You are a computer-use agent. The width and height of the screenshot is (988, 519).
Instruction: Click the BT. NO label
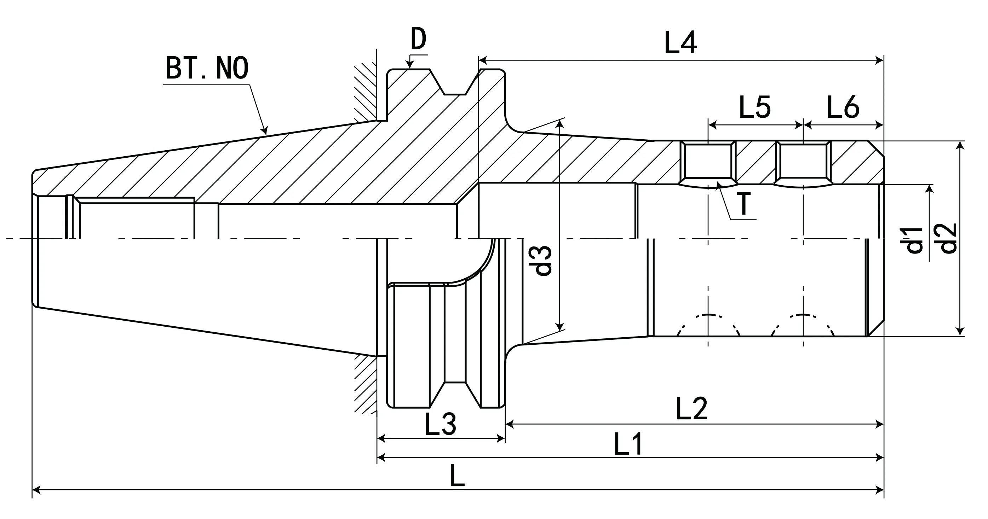[x=207, y=68]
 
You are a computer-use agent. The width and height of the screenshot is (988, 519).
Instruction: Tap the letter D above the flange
[x=418, y=39]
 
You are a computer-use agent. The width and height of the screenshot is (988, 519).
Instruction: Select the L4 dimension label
[x=680, y=43]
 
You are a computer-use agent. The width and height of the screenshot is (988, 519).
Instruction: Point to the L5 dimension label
[x=754, y=108]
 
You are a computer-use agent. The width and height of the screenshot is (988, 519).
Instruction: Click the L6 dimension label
[x=843, y=108]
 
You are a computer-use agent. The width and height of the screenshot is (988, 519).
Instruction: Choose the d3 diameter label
[x=544, y=261]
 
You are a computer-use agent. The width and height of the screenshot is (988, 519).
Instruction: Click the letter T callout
[x=744, y=204]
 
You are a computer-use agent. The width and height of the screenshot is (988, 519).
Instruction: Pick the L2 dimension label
[x=691, y=409]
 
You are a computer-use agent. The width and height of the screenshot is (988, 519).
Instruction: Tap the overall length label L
[x=457, y=476]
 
